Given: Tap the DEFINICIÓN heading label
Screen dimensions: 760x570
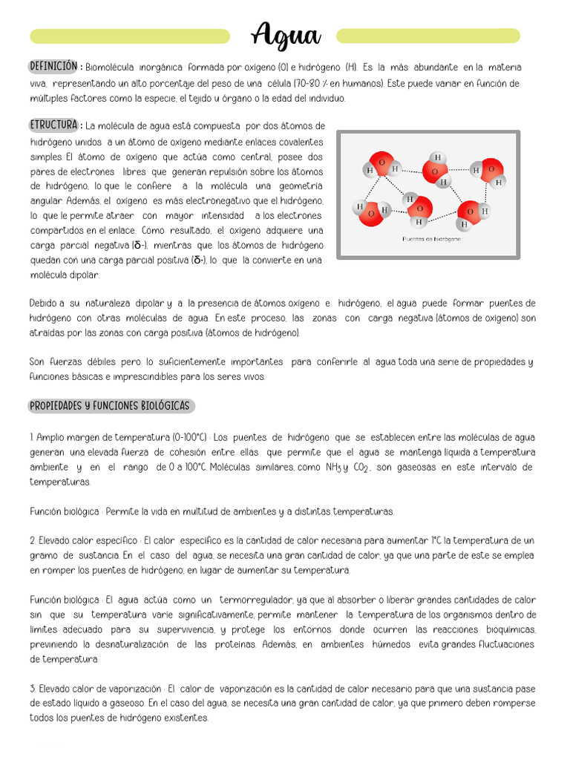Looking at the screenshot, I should click(x=53, y=67).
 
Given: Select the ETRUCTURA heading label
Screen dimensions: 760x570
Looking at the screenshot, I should click(x=55, y=125).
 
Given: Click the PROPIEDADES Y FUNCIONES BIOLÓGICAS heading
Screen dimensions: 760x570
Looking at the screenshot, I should click(x=111, y=406).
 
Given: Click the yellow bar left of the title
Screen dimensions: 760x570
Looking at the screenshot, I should click(x=130, y=36).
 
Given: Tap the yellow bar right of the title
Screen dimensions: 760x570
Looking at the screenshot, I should click(x=427, y=36).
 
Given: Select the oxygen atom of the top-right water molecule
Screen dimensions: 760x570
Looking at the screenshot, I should click(x=490, y=170).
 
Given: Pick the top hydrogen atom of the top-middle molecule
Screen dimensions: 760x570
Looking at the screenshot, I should click(x=438, y=157).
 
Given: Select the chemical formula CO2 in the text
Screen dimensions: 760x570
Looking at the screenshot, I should click(x=361, y=467).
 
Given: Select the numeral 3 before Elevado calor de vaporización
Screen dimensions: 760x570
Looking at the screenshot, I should click(x=33, y=688).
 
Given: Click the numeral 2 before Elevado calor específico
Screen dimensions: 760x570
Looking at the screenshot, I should click(x=33, y=540).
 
